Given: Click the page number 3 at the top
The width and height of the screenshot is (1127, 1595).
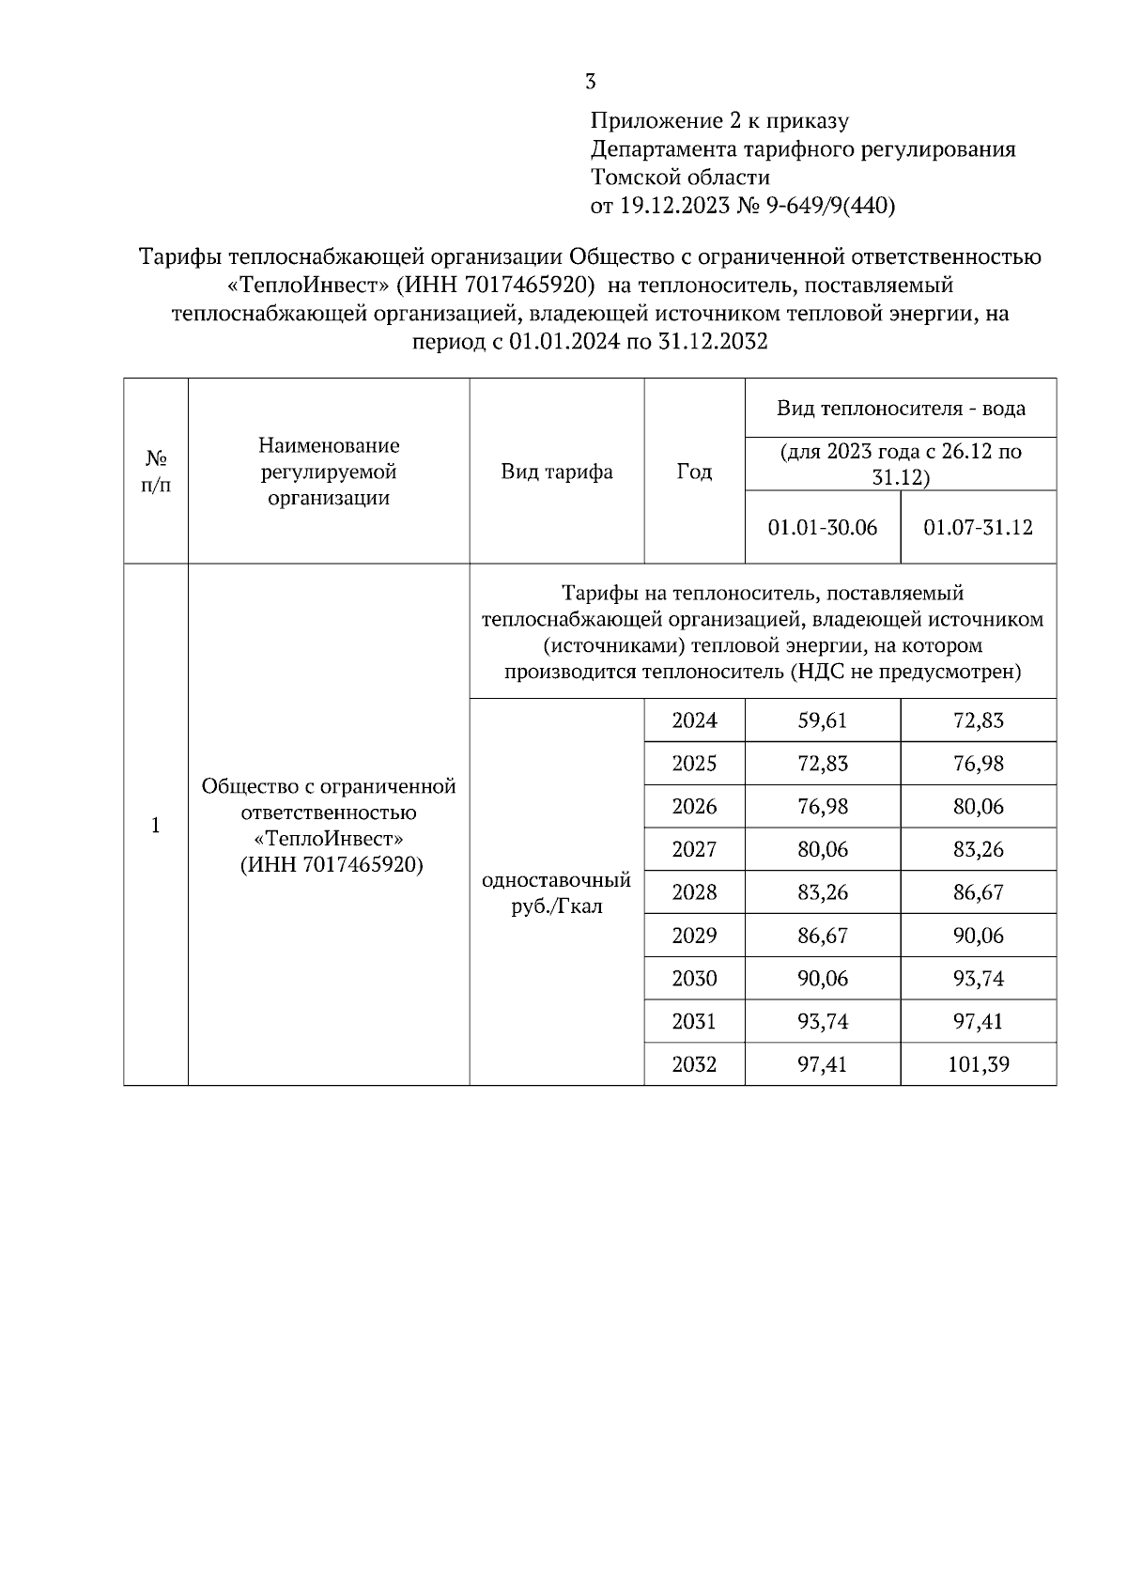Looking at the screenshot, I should tap(590, 82).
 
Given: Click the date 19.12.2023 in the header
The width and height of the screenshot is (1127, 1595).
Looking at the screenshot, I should tap(674, 206).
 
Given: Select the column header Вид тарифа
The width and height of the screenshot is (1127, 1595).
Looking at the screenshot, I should tap(556, 472).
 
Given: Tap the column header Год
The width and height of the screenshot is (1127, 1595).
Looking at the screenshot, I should tap(694, 472).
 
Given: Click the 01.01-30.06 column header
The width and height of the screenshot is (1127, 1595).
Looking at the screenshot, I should tap(822, 527).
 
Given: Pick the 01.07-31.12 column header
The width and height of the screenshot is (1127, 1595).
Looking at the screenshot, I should tap(978, 527).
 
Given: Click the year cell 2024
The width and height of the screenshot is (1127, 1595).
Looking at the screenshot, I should tap(694, 720).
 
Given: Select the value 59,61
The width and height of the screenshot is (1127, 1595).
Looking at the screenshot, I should tap(822, 720).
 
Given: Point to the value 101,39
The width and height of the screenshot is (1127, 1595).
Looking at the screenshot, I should tap(978, 1064).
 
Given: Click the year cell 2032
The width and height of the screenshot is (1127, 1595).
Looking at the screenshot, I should tap(694, 1064).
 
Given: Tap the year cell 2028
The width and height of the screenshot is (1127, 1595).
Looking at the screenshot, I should tap(694, 892).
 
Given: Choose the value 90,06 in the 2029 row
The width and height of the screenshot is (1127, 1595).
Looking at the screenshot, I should tap(978, 936).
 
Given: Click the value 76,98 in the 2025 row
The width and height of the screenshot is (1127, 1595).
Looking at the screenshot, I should tap(978, 764).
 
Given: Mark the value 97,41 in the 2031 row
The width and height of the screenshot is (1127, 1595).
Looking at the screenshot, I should tap(978, 1021).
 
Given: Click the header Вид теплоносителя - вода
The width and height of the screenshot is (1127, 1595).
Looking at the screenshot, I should tap(900, 409).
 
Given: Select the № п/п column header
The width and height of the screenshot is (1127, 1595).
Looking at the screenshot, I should tap(156, 472).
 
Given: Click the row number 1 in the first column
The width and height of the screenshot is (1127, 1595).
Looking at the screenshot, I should tap(156, 826).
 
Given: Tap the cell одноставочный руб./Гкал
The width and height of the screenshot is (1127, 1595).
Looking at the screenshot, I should tap(556, 893).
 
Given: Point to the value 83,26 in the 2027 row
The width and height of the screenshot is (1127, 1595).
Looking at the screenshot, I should tap(978, 849).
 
